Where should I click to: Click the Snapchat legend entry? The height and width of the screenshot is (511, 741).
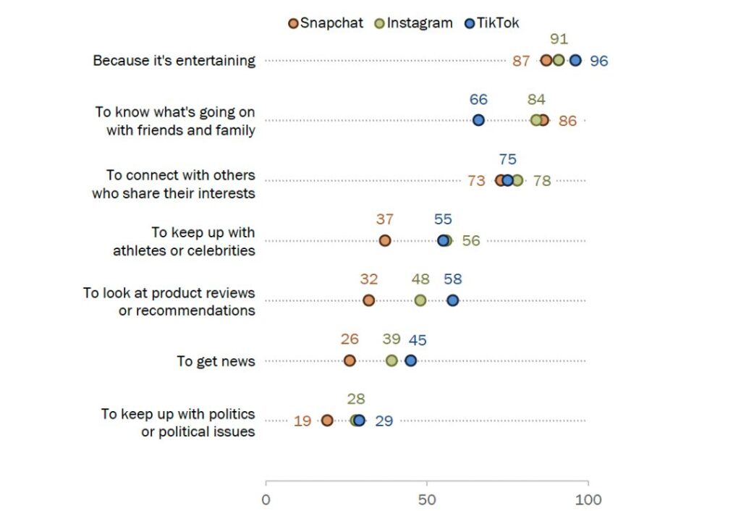tap(326, 23)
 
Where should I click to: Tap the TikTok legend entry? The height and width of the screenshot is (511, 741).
tap(492, 23)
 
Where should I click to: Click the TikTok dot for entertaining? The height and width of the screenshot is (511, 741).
tap(575, 60)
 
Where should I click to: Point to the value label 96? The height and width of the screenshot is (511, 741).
tap(599, 61)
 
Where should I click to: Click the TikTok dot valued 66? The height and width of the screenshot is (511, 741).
tap(478, 120)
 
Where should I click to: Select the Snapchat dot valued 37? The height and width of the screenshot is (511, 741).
tap(385, 240)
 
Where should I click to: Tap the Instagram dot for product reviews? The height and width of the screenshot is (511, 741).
tap(420, 300)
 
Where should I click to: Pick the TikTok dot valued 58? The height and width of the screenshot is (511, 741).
tap(453, 300)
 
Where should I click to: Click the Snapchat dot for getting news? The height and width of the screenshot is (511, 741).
tap(350, 360)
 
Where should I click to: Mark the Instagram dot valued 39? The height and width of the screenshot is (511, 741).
tap(391, 360)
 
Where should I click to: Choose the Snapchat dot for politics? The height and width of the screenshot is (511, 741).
tap(327, 421)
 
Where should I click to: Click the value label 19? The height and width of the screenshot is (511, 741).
tap(302, 421)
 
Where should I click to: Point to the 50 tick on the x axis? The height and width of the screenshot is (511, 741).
tap(427, 499)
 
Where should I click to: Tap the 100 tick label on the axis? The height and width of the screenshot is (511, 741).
tap(588, 499)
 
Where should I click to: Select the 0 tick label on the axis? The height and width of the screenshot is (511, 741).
tap(266, 499)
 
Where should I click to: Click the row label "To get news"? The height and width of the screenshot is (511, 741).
tap(216, 361)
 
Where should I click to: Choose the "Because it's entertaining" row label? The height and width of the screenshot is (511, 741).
tap(174, 61)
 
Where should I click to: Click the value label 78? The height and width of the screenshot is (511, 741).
tap(542, 181)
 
